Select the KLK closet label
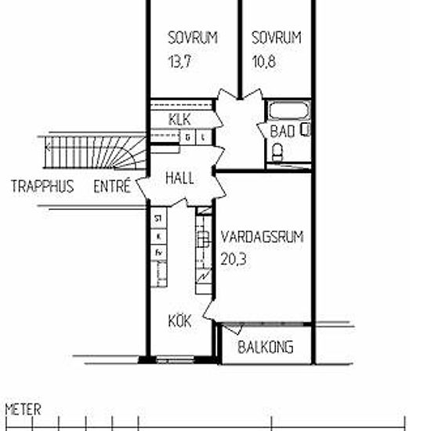(x=179, y=119)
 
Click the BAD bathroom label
(x=282, y=132)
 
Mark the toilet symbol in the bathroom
(x=277, y=154)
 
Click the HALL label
(x=179, y=179)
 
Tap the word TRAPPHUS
(x=42, y=187)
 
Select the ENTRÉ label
(x=112, y=187)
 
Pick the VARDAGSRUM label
(x=262, y=236)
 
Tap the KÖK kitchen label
(x=180, y=321)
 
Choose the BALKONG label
(x=266, y=347)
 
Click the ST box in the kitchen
(x=158, y=219)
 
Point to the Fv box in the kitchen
(x=158, y=252)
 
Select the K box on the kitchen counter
(x=158, y=236)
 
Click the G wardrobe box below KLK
(x=189, y=137)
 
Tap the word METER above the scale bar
(x=23, y=409)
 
